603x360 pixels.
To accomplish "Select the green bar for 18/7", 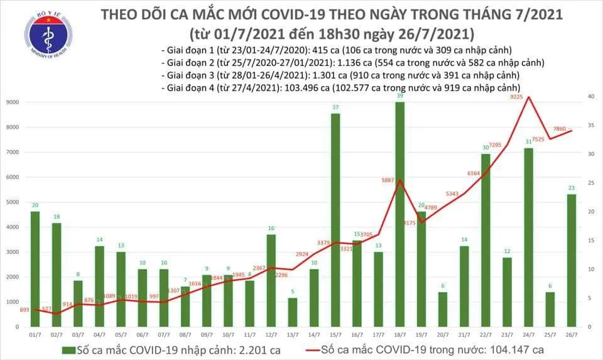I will [x=400, y=214].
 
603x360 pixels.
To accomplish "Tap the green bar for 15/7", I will [x=335, y=220].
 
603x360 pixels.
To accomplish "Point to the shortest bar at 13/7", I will [x=293, y=312].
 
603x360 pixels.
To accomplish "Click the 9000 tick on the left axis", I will [x=13, y=102].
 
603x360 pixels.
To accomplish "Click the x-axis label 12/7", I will [x=271, y=334].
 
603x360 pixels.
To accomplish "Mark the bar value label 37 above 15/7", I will [x=335, y=107].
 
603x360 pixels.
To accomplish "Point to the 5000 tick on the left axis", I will [x=13, y=202].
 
